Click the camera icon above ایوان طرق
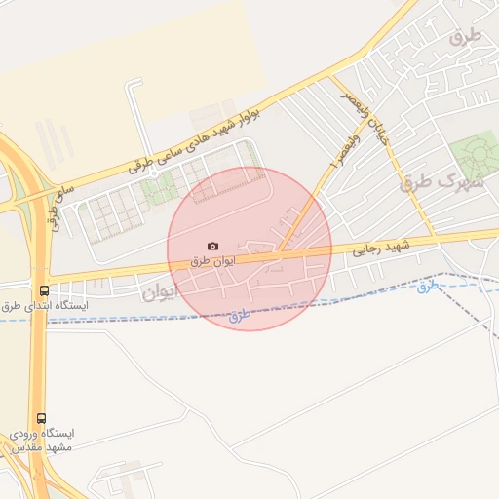click(x=212, y=247)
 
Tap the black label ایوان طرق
click(x=213, y=262)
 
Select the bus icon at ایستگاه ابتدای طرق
click(x=44, y=290)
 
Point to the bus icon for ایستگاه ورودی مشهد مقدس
click(x=40, y=417)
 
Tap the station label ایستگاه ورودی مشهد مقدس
click(x=43, y=440)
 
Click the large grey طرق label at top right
click(x=466, y=36)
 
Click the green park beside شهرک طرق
click(x=474, y=155)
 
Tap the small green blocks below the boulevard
click(x=157, y=189)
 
